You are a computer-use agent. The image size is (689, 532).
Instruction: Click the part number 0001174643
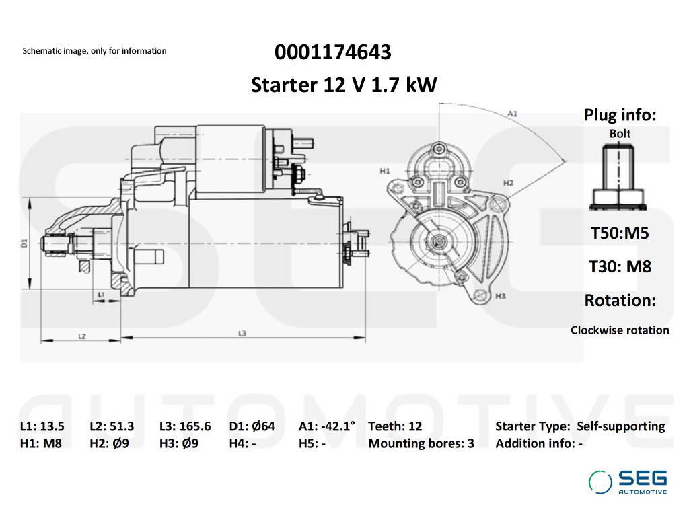pyautogui.click(x=332, y=52)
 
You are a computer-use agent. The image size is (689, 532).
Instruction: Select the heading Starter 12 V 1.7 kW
pyautogui.click(x=344, y=85)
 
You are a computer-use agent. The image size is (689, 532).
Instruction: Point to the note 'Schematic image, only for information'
pyautogui.click(x=94, y=51)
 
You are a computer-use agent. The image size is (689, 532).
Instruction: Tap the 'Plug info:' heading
pyautogui.click(x=620, y=115)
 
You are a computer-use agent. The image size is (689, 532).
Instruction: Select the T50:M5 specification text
pyautogui.click(x=620, y=233)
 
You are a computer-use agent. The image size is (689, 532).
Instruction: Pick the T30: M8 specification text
pyautogui.click(x=620, y=266)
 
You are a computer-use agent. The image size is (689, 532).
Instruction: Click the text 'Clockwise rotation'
pyautogui.click(x=620, y=330)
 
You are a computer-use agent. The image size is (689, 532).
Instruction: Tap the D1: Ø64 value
pyautogui.click(x=252, y=426)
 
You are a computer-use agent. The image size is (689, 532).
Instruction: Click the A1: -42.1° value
pyautogui.click(x=327, y=426)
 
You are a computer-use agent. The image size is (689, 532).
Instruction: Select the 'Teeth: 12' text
pyautogui.click(x=395, y=426)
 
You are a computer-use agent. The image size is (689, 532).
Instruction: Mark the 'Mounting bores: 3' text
pyautogui.click(x=421, y=443)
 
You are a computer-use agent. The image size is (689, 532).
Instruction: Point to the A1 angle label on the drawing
pyautogui.click(x=512, y=114)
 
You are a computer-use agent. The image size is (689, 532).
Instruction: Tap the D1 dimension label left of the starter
pyautogui.click(x=24, y=243)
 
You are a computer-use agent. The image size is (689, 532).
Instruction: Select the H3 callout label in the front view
pyautogui.click(x=500, y=296)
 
